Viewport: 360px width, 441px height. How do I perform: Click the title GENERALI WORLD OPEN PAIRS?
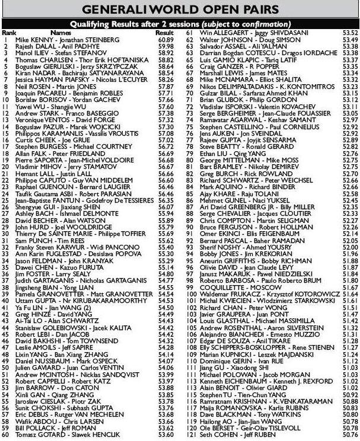pos(180,8)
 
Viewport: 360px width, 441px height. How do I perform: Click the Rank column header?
pos(9,33)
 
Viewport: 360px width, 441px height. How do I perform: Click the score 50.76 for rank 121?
pos(350,434)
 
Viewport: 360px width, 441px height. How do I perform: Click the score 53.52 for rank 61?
pos(350,33)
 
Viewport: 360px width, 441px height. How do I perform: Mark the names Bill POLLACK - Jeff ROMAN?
pos(47,427)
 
